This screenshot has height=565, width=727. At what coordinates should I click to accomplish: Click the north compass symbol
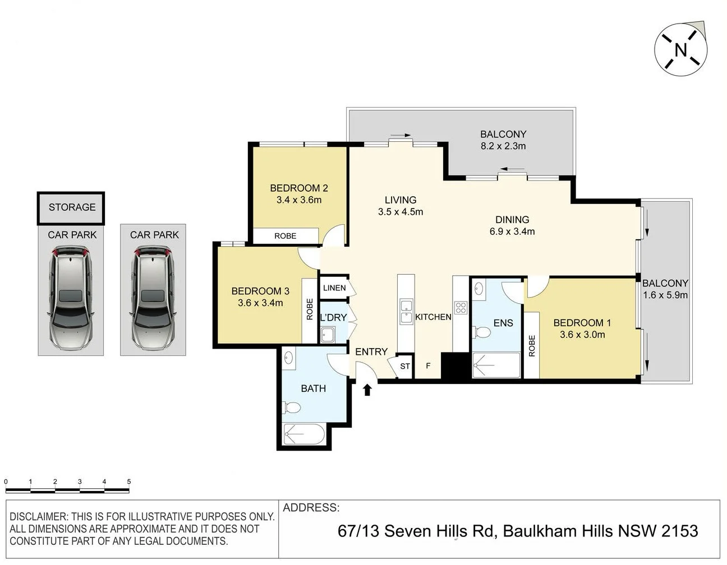coord(680,50)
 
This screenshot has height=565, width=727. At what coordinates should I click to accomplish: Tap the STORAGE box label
coord(72,207)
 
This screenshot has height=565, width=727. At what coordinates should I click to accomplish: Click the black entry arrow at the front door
coord(367,390)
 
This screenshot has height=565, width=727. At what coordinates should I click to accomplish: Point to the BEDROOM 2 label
coord(298,188)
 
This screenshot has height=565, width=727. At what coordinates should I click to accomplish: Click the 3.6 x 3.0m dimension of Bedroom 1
coord(582,335)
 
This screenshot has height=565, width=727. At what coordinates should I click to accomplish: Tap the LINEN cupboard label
coord(334,288)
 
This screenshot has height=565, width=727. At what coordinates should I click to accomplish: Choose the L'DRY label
coord(333,317)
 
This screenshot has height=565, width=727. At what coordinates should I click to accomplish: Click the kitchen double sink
coord(406,312)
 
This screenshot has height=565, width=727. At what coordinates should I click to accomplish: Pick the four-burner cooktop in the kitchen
coord(461,307)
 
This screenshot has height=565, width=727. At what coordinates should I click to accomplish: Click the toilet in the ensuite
coord(481,332)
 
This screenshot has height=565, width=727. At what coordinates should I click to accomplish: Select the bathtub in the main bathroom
coord(304,434)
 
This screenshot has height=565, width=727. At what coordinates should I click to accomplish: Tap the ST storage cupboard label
coord(405,367)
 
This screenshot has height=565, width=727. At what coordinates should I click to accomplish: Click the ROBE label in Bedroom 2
coord(285,236)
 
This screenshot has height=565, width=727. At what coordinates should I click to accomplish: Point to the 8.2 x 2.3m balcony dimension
coord(503,146)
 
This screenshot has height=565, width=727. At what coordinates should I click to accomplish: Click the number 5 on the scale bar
coord(129,481)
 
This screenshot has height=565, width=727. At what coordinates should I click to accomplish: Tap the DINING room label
coord(512,220)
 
